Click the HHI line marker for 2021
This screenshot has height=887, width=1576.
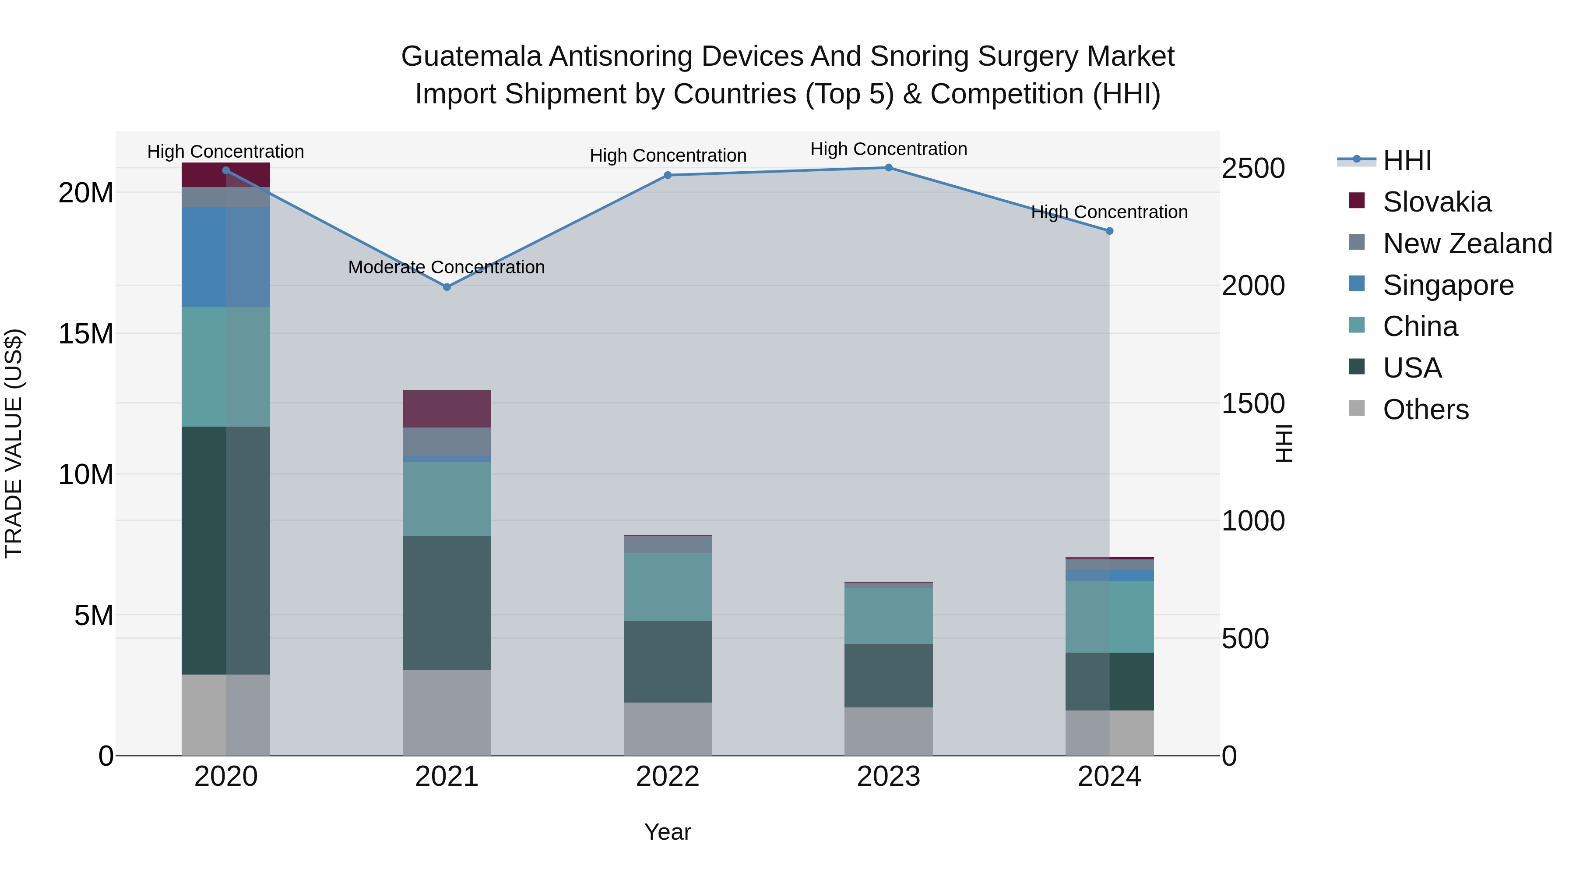pyautogui.click(x=447, y=287)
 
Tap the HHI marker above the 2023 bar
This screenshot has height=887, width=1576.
pyautogui.click(x=888, y=168)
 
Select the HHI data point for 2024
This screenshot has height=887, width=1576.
pyautogui.click(x=1109, y=231)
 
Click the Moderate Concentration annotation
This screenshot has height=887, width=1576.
pyautogui.click(x=446, y=268)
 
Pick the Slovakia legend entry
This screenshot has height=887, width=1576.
pyautogui.click(x=1436, y=202)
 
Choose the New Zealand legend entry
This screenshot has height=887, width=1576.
pyautogui.click(x=1467, y=244)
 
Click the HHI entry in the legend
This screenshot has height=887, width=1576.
pyautogui.click(x=1407, y=160)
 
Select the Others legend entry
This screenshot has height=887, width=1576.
pyautogui.click(x=1425, y=410)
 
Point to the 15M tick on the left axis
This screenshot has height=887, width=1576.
pyautogui.click(x=86, y=334)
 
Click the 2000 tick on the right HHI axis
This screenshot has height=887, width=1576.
pyautogui.click(x=1253, y=286)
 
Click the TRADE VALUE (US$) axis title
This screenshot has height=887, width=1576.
pyautogui.click(x=14, y=443)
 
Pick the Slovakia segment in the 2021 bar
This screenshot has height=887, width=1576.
pyautogui.click(x=447, y=409)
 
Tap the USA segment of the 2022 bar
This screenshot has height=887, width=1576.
pyautogui.click(x=668, y=662)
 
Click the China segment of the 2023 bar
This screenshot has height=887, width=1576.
pyautogui.click(x=888, y=616)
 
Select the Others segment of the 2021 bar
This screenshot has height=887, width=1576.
pyautogui.click(x=447, y=713)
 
